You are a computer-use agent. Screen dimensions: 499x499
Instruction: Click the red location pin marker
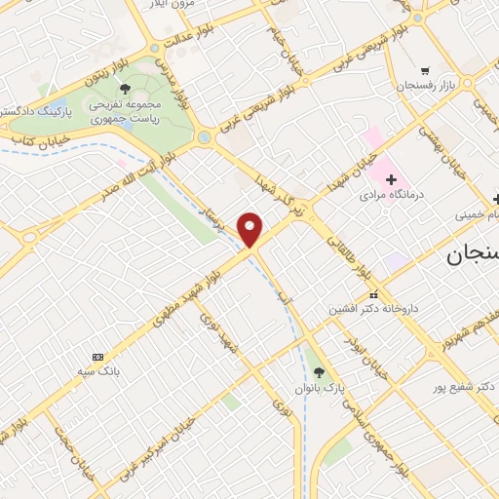coord(251,230)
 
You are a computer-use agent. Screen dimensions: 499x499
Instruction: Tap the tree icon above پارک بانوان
coord(319,371)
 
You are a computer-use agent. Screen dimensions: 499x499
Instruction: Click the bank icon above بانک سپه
coord(96,357)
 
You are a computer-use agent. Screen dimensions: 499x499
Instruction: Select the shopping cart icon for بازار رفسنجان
coord(425,70)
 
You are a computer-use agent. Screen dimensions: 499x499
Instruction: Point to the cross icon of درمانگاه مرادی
coord(391,180)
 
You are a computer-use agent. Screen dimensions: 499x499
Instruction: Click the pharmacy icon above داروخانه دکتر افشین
coord(372,294)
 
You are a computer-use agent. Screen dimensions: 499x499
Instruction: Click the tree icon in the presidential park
coord(125,88)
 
